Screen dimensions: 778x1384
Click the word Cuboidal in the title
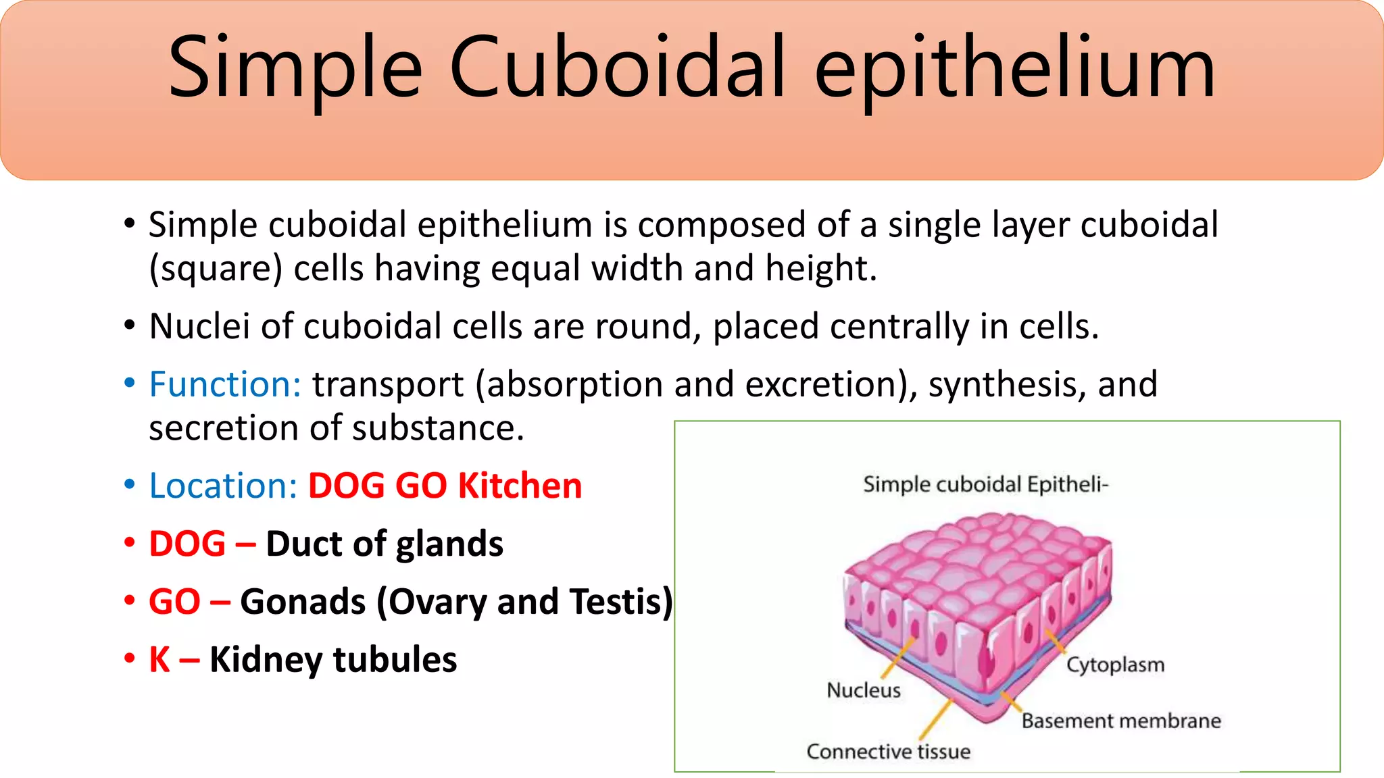[x=618, y=68]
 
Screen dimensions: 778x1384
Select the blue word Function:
[x=225, y=384]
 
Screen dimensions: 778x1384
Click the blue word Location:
[x=223, y=486]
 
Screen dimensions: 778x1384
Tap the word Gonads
[x=303, y=602]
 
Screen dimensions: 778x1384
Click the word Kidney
[x=266, y=660]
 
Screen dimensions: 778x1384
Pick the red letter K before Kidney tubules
[x=159, y=660]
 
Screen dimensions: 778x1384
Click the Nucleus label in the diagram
[x=864, y=690]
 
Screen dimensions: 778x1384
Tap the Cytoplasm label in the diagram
[x=1115, y=665]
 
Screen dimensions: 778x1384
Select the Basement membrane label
[x=1121, y=721]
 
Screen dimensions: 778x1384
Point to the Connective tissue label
[x=888, y=752]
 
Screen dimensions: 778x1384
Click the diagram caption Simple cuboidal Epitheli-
[x=985, y=484]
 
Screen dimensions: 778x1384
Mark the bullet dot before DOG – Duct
[x=130, y=544]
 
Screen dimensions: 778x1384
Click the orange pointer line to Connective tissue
[x=936, y=720]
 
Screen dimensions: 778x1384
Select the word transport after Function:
[x=388, y=384]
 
